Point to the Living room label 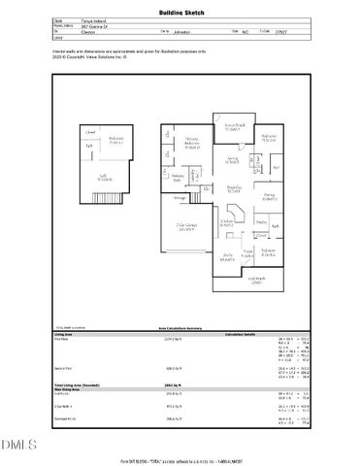pyautogui.click(x=233, y=160)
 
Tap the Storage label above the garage pyautogui.click(x=180, y=198)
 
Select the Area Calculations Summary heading pyautogui.click(x=180, y=328)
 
